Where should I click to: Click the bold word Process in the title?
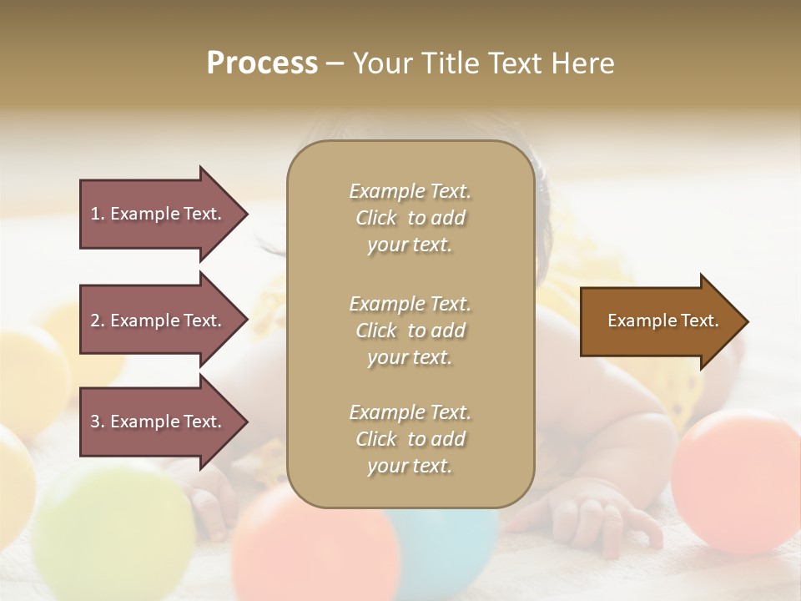(x=262, y=63)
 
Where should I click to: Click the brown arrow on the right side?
(x=659, y=321)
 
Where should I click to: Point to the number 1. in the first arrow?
(x=98, y=214)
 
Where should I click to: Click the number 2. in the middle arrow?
(x=98, y=321)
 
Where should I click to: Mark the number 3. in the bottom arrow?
(x=98, y=422)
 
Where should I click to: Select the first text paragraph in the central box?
(x=410, y=218)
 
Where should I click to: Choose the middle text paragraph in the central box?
(x=410, y=330)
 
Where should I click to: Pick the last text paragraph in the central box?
(x=410, y=439)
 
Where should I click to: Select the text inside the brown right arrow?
(x=662, y=321)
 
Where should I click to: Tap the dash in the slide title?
(x=335, y=63)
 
